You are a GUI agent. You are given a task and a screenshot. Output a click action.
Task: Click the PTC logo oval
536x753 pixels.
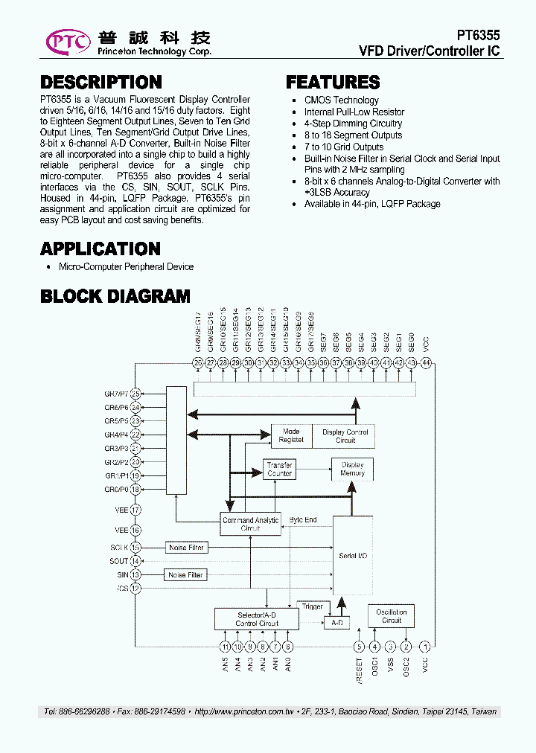pos(68,42)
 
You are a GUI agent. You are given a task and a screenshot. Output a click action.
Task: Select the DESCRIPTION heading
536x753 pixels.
pos(100,83)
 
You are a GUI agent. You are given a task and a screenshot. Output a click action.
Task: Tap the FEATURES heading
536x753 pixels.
pos(332,83)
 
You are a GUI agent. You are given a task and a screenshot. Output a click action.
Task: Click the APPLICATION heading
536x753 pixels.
pos(100,249)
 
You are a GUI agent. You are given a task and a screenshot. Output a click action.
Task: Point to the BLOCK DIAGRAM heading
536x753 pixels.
pos(115,296)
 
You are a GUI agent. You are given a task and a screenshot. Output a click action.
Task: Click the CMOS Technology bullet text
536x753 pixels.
pos(341,100)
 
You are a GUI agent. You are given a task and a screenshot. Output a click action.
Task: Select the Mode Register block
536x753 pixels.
pos(291,436)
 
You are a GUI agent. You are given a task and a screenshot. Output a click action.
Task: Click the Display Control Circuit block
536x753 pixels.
pos(345,436)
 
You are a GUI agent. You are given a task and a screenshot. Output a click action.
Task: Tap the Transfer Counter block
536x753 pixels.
pos(280,470)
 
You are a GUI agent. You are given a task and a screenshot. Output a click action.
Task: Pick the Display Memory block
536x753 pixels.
pos(352,470)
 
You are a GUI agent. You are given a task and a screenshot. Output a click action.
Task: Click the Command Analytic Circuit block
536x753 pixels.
pos(250,525)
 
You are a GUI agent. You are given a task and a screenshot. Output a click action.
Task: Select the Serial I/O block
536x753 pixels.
pos(352,555)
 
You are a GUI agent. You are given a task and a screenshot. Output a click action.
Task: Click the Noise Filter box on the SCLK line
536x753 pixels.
pos(185,548)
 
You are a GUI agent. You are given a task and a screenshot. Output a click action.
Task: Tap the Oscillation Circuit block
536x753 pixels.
pos(391,616)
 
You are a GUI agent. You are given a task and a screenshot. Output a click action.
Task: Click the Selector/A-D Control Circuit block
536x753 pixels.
pos(257,619)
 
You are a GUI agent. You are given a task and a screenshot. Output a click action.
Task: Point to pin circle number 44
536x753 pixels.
pos(426,362)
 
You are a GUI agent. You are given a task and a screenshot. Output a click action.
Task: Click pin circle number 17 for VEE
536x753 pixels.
pos(135,510)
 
